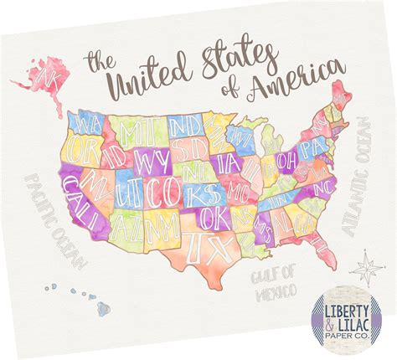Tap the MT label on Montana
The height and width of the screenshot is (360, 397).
(135, 132)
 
